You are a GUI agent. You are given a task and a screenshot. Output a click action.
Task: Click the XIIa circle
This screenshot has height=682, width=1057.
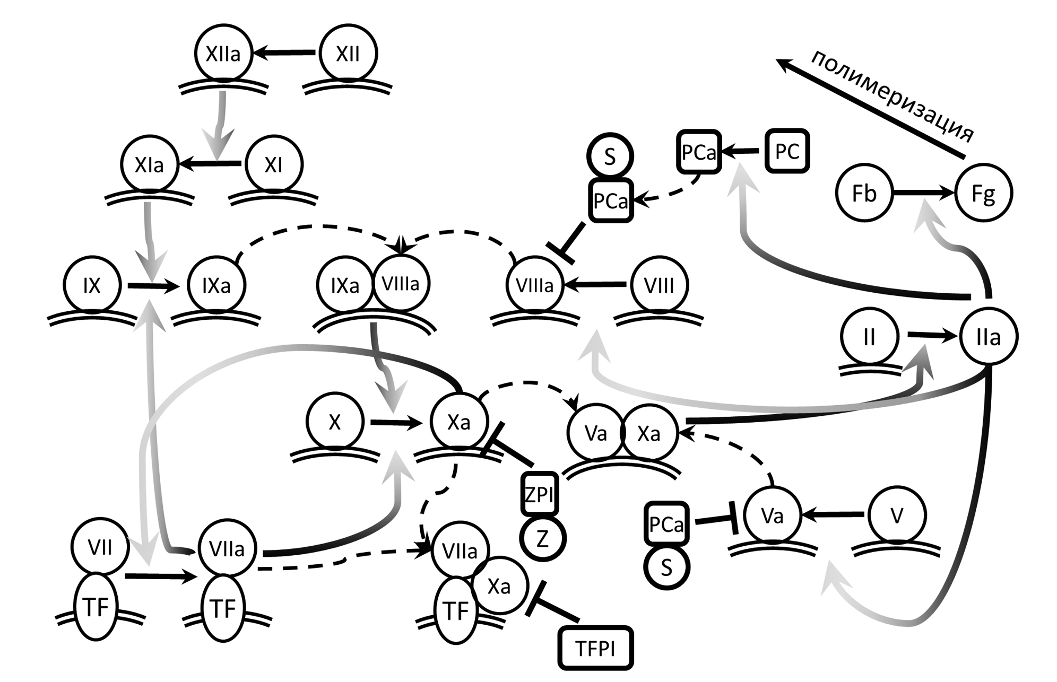click(223, 53)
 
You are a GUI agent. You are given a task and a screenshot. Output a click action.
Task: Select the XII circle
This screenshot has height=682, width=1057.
click(348, 53)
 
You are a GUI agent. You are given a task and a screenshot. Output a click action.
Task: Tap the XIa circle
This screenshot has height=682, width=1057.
click(149, 164)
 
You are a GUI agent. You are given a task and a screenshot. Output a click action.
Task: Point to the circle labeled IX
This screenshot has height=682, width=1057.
click(92, 285)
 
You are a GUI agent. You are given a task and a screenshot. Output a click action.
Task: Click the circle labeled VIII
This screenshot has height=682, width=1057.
click(660, 285)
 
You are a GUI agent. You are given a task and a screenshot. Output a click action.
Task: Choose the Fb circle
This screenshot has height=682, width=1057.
click(864, 194)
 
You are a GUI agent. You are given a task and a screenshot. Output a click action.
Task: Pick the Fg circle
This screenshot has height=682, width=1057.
click(983, 194)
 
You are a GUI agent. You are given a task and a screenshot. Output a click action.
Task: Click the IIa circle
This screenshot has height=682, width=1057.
click(988, 337)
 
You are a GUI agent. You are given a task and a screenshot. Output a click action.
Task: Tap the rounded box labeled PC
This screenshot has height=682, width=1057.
click(787, 152)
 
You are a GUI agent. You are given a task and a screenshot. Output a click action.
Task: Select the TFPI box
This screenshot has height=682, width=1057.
click(595, 648)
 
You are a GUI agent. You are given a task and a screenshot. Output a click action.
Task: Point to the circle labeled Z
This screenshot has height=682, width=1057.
click(542, 539)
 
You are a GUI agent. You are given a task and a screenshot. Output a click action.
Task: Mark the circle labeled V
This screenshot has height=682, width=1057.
click(897, 515)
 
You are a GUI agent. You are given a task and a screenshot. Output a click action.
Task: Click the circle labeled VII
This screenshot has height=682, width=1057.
click(100, 547)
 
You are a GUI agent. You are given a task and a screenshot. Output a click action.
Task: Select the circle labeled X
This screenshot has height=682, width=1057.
click(335, 422)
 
